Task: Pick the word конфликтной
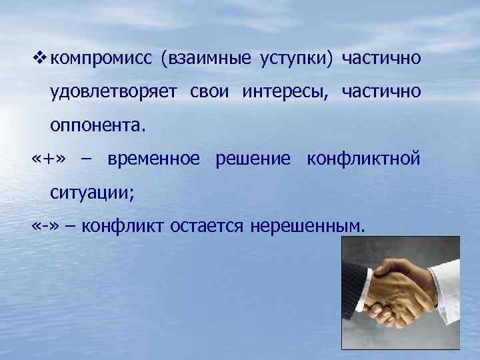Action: click(x=363, y=159)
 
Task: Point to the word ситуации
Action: click(x=91, y=193)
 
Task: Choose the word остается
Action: click(x=210, y=226)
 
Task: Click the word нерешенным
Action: click(x=308, y=226)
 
